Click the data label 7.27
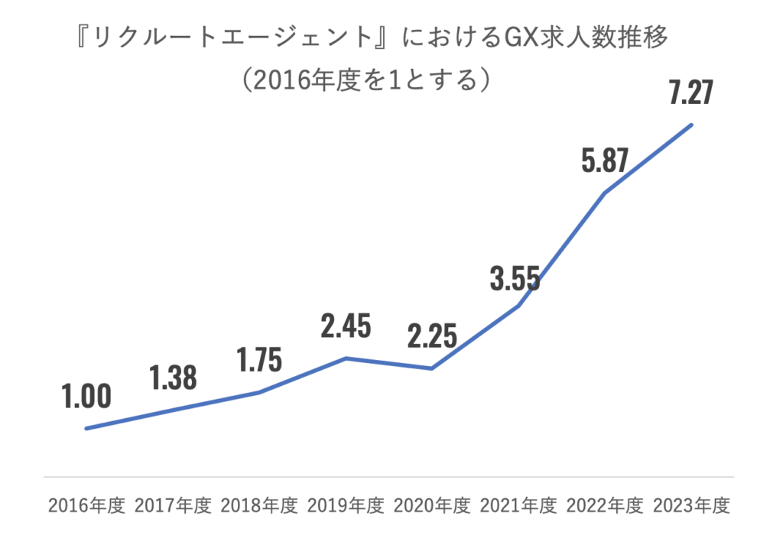[x=690, y=93]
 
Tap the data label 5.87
[x=604, y=160]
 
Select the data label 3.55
[x=518, y=277]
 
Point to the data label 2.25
[x=431, y=336]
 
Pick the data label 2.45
[x=346, y=326]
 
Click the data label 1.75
[x=258, y=359]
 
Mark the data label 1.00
[x=86, y=396]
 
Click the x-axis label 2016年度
[x=86, y=506]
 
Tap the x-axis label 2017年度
[x=172, y=506]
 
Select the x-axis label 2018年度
[x=258, y=506]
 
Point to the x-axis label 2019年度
[x=345, y=506]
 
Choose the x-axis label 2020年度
[x=431, y=506]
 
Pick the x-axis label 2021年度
[x=518, y=506]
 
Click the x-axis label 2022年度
[x=604, y=506]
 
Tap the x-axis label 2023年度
[x=690, y=506]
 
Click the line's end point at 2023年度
[x=691, y=125]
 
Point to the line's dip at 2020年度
[x=432, y=368]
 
